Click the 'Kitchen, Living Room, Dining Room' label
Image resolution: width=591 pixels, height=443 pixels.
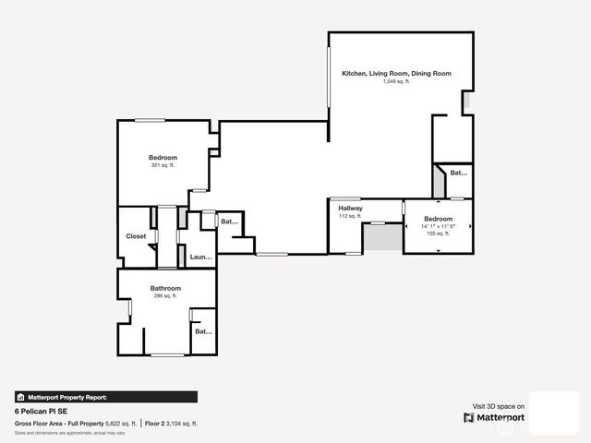(396, 73)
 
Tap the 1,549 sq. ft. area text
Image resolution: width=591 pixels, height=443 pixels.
(396, 81)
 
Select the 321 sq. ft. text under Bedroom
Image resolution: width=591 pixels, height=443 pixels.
(163, 166)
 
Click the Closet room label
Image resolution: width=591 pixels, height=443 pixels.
(136, 236)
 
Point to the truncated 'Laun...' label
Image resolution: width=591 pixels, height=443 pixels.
(200, 257)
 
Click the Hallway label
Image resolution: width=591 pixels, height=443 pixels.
(350, 209)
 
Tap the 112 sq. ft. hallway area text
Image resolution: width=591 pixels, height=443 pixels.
(350, 217)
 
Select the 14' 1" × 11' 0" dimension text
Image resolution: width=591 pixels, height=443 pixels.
(438, 226)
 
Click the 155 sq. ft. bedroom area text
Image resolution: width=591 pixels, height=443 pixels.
(438, 233)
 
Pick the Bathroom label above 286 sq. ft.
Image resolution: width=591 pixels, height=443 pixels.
(165, 288)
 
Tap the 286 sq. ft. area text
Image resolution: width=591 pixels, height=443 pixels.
(165, 296)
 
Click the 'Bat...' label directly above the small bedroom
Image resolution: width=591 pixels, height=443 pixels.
(458, 173)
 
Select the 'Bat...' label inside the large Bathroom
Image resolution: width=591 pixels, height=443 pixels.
(202, 331)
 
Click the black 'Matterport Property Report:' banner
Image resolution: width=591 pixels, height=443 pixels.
(105, 397)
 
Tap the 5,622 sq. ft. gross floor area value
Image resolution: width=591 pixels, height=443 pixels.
(121, 424)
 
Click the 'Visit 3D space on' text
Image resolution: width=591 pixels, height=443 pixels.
(499, 406)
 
